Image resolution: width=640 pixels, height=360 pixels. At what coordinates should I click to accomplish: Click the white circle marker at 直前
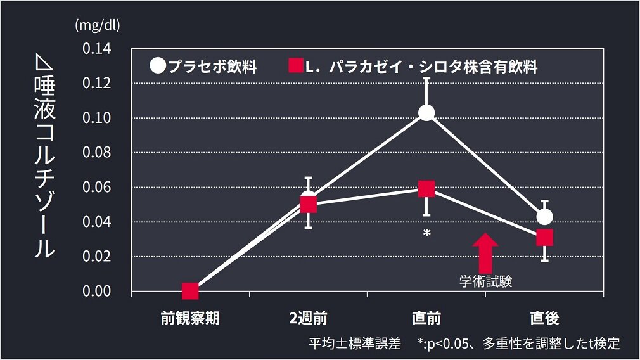[426, 113]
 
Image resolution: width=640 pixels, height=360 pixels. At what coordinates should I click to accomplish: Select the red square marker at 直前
[426, 189]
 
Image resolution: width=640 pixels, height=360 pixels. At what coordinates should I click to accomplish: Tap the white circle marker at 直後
[544, 217]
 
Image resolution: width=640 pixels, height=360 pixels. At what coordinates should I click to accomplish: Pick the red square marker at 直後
[544, 238]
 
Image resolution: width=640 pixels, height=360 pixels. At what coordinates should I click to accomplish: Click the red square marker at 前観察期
[190, 292]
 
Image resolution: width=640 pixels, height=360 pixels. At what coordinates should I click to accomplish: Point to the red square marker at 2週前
[309, 204]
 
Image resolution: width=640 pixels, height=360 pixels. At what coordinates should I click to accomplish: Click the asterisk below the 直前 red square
[427, 234]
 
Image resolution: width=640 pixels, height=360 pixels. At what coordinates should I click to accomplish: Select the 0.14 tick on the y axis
[96, 49]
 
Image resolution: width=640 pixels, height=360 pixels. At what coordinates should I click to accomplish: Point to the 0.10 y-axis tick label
[96, 118]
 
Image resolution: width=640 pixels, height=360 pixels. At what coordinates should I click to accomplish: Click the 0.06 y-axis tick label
[96, 188]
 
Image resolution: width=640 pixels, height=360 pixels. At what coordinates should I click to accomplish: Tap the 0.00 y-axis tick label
[96, 292]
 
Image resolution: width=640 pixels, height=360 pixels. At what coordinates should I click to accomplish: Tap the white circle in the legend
[158, 66]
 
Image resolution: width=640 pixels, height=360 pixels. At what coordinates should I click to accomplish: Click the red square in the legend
[295, 66]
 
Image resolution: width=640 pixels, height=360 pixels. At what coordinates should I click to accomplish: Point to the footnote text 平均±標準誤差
[355, 344]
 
